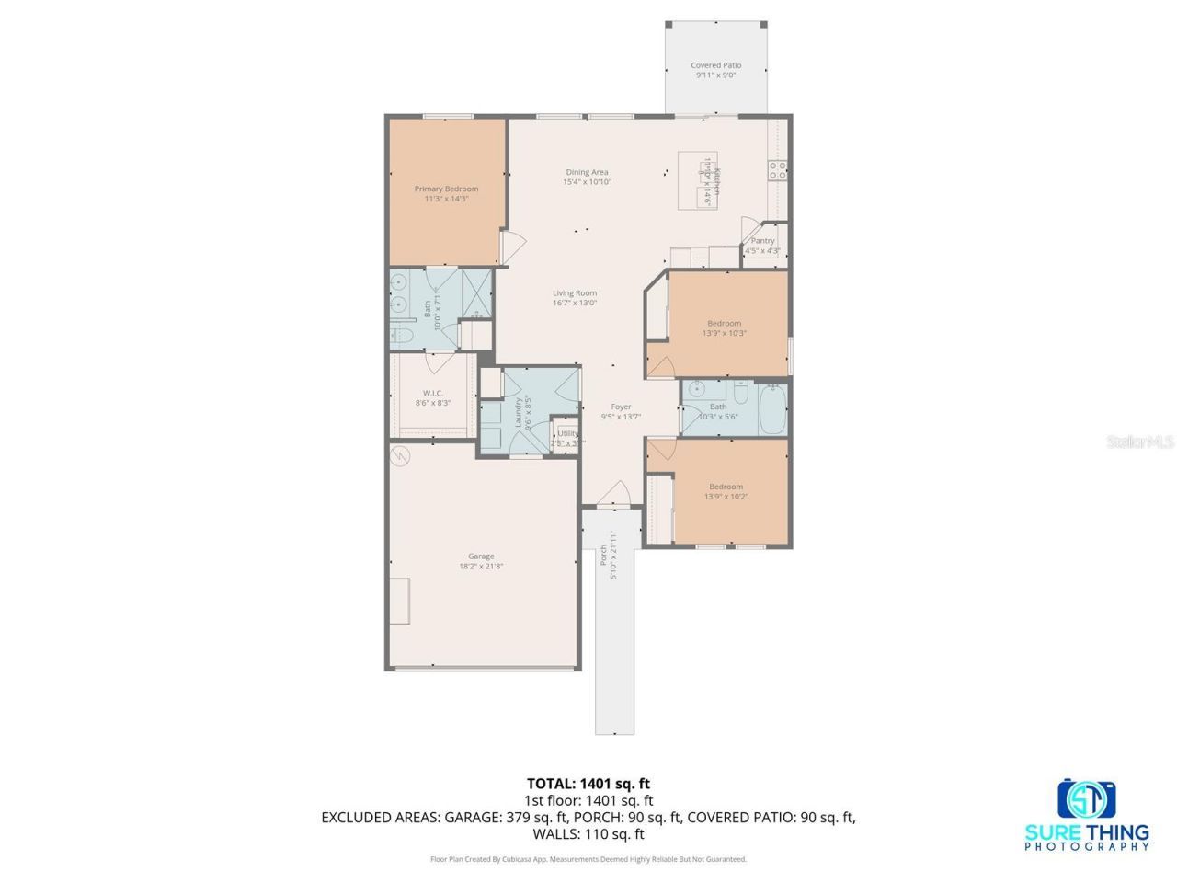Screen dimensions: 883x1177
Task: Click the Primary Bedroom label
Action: tap(446, 189)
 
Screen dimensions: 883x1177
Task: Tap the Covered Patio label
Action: tap(715, 65)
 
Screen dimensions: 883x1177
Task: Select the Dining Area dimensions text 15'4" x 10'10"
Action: tap(587, 182)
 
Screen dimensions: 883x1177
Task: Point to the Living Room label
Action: tap(575, 293)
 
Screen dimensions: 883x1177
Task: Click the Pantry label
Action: tap(762, 241)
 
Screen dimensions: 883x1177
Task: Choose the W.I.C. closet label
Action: tap(433, 393)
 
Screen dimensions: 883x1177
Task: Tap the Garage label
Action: tap(481, 556)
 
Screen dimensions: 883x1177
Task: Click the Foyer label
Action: tap(622, 407)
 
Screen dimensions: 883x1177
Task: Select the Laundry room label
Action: tap(519, 413)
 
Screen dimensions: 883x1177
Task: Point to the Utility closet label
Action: tap(567, 433)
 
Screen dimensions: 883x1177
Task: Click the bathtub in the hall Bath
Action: tap(772, 408)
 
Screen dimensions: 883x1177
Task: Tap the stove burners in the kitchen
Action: tap(777, 169)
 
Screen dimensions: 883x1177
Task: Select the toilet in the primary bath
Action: tap(403, 336)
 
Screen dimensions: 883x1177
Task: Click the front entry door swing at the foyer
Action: tap(613, 494)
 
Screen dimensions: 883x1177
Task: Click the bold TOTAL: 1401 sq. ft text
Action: tap(588, 784)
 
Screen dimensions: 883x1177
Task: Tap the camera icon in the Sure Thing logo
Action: tap(1086, 798)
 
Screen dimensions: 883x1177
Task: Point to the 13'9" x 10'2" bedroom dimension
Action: tap(726, 497)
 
